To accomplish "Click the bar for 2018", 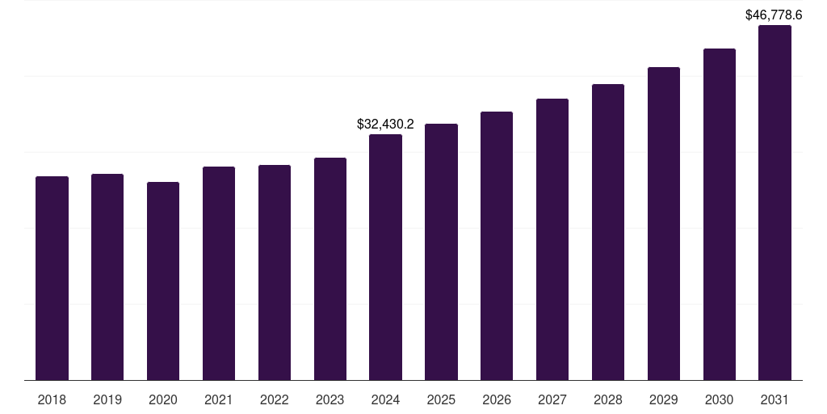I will [52, 278].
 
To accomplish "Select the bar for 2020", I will [163, 281].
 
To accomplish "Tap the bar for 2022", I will [275, 272].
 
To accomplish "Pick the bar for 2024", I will [385, 257].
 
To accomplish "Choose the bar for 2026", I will [497, 246].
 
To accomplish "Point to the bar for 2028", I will [608, 232].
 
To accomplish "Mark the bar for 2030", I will [720, 214].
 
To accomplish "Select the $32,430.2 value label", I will [385, 125].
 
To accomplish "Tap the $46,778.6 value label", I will [774, 15].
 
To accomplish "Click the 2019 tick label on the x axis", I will [107, 399].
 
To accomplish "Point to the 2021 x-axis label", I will [219, 399].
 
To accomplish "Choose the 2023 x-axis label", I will [330, 399].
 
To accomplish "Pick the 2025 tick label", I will [441, 399].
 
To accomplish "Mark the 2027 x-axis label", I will [552, 399].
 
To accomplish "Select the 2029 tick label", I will [664, 399].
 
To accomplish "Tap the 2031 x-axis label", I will [775, 399].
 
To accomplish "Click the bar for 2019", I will [107, 277].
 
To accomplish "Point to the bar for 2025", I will [441, 251].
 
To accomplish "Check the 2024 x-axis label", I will [385, 399].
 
